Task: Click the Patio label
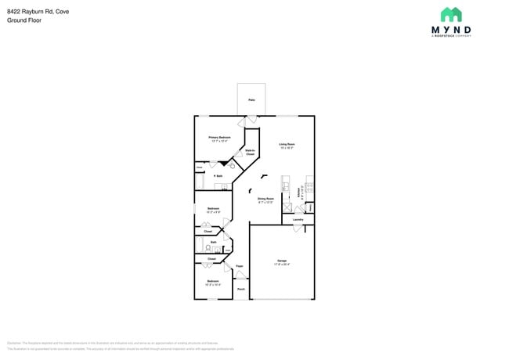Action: click(x=251, y=100)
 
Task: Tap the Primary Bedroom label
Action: click(x=219, y=137)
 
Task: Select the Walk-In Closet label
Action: click(x=251, y=152)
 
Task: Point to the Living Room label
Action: click(x=287, y=144)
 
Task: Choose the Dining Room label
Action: click(x=266, y=198)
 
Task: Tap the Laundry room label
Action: click(x=298, y=220)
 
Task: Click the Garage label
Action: click(x=282, y=261)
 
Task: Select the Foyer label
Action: click(x=240, y=266)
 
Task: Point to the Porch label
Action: click(x=240, y=290)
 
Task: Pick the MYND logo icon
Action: click(x=450, y=14)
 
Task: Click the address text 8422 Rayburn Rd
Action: click(x=28, y=11)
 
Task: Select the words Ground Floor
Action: click(x=26, y=20)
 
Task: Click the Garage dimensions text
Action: click(x=282, y=265)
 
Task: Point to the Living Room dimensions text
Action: click(x=287, y=148)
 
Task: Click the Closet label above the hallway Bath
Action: click(x=208, y=232)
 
